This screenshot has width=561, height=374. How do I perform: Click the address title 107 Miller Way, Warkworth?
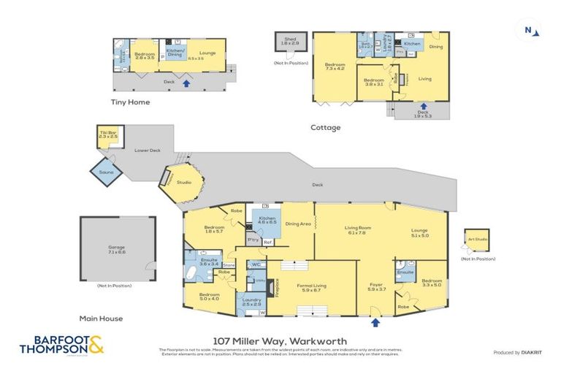tap(280, 340)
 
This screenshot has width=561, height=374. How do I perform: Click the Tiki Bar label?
tap(108, 134)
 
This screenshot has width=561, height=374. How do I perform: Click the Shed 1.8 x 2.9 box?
tap(289, 42)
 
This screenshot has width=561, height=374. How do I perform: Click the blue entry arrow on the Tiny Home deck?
tap(187, 83)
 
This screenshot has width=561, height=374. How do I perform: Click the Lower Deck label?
tap(147, 149)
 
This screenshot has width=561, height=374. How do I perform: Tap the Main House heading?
tap(101, 318)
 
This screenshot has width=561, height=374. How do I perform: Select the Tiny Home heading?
tap(130, 102)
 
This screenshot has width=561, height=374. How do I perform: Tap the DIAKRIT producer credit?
tap(520, 352)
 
